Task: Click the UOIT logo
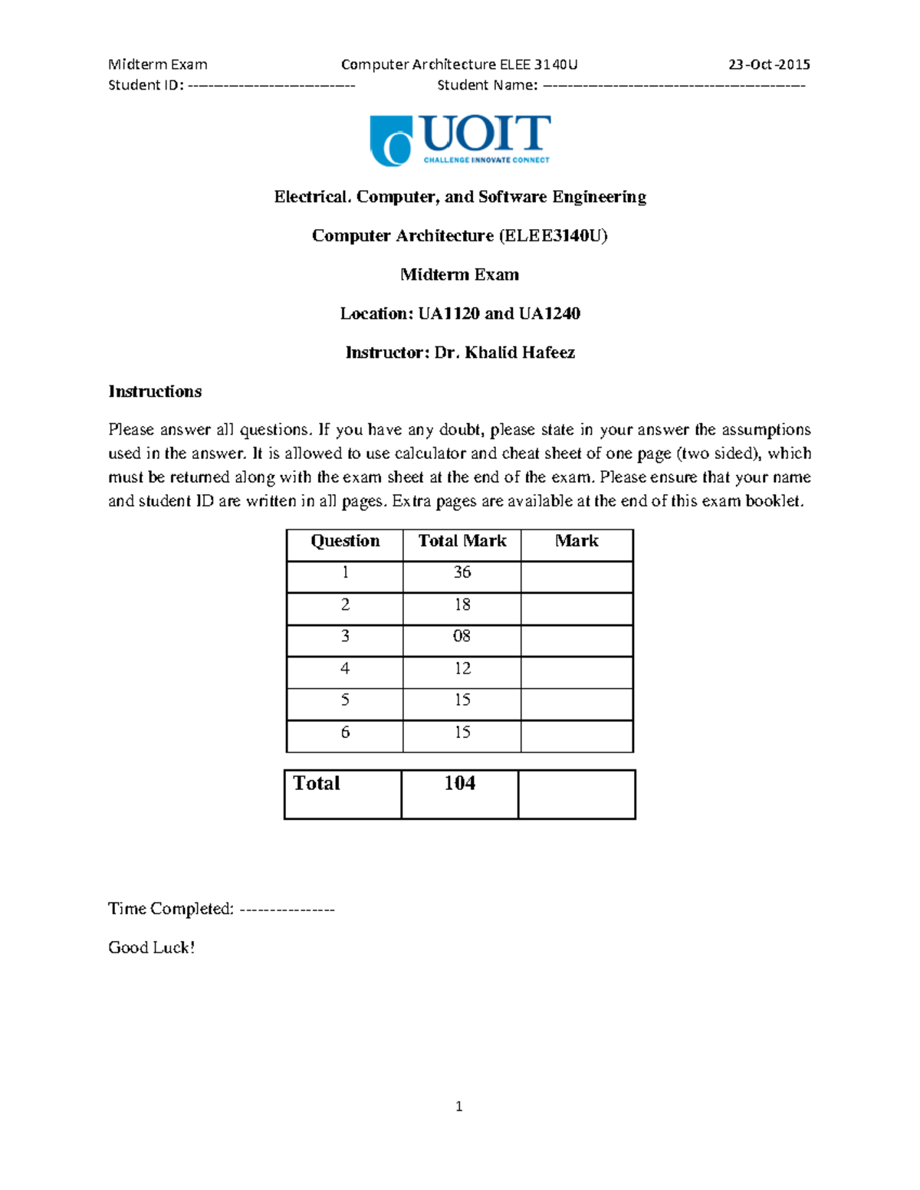[459, 140]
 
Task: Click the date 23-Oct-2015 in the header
[769, 64]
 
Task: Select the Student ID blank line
[271, 85]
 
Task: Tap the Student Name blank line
[674, 85]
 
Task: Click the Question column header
[345, 541]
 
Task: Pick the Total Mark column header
[462, 541]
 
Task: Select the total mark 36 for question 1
[462, 572]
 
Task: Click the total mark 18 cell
[462, 605]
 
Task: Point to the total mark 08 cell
[462, 636]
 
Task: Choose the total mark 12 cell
[462, 668]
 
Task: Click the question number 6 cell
[345, 733]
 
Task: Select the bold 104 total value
[460, 783]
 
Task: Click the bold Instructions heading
[155, 392]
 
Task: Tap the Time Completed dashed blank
[287, 910]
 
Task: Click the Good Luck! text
[152, 948]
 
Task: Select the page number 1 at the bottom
[458, 1106]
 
